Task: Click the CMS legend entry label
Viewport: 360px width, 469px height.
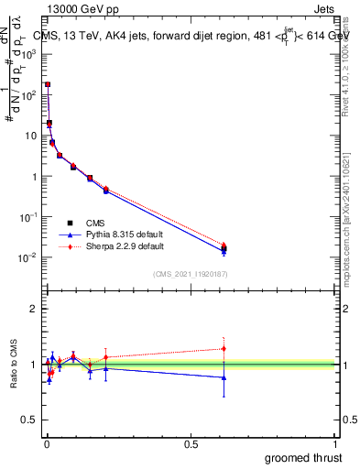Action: pyautogui.click(x=95, y=223)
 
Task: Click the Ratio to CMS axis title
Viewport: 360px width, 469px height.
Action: pyautogui.click(x=15, y=365)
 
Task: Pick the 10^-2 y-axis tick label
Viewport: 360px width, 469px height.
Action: pyautogui.click(x=28, y=257)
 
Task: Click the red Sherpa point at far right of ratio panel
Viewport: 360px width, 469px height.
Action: pyautogui.click(x=224, y=348)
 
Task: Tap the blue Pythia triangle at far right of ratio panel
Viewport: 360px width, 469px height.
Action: pyautogui.click(x=224, y=377)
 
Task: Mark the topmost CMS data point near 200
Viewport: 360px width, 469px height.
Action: pyautogui.click(x=48, y=84)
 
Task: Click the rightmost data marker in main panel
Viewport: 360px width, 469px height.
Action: pyautogui.click(x=224, y=247)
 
